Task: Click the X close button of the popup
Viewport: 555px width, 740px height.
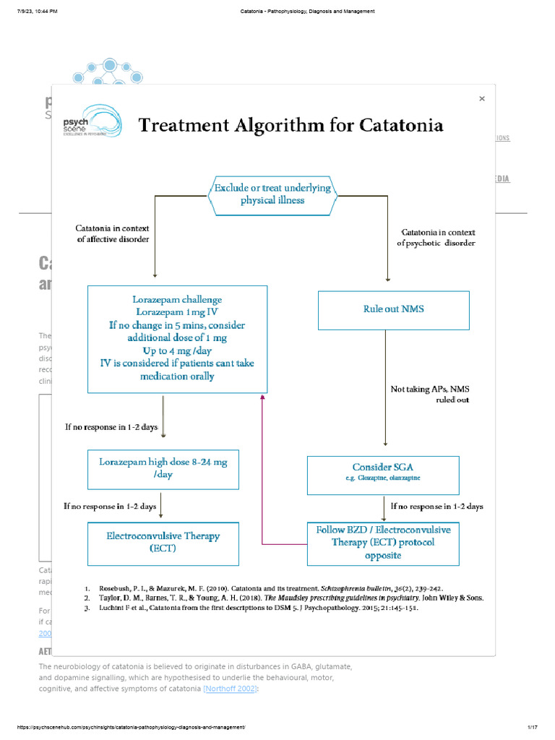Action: point(482,99)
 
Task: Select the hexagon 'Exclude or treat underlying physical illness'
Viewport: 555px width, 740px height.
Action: point(272,194)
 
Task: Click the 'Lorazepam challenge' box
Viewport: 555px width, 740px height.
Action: point(177,338)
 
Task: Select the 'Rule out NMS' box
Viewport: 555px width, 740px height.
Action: point(394,309)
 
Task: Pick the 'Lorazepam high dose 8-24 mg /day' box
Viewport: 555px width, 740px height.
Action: point(163,468)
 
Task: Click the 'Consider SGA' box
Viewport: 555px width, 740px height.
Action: point(383,474)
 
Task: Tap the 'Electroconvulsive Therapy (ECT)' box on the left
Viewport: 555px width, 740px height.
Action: point(163,543)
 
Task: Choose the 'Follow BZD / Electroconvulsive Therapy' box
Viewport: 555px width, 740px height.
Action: point(383,543)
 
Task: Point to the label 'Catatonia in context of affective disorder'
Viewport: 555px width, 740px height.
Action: point(113,234)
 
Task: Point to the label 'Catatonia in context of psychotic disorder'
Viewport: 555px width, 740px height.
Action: point(436,238)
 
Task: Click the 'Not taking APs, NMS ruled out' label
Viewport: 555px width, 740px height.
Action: point(430,394)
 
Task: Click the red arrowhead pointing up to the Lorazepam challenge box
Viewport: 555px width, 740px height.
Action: point(263,397)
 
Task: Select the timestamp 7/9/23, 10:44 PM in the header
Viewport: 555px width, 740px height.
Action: point(36,12)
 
